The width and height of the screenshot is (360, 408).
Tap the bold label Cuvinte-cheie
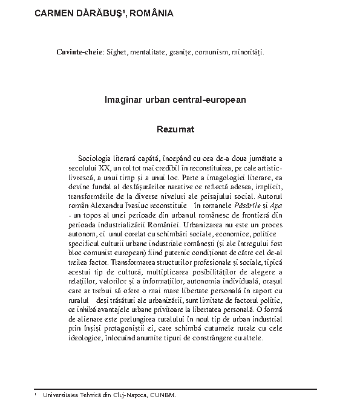pyautogui.click(x=79, y=53)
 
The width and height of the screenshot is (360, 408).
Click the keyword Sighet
pyautogui.click(x=117, y=53)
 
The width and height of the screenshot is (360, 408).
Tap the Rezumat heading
pyautogui.click(x=175, y=129)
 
